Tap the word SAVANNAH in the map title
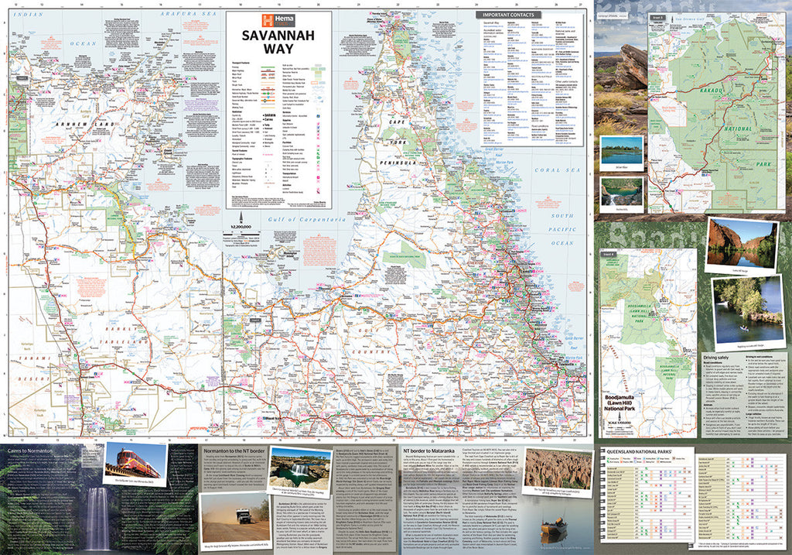tap(278, 36)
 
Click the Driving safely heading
tap(721, 358)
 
